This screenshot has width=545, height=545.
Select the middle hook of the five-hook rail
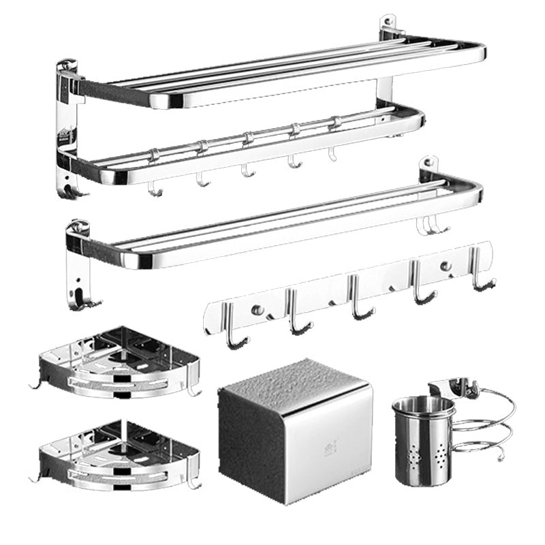click(x=357, y=300)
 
